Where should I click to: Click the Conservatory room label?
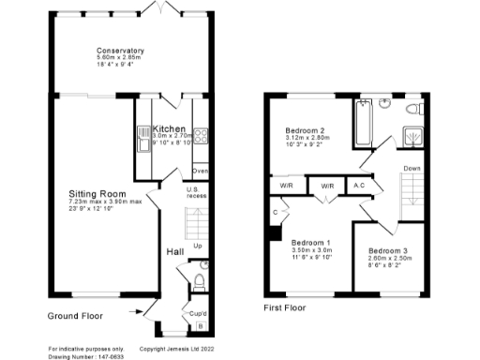coord(119,51)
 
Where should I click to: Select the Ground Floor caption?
coord(74,316)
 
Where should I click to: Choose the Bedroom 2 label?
coord(305,130)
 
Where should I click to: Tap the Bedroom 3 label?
coord(386,251)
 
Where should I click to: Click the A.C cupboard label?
coord(360,187)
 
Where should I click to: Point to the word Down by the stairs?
coord(412,169)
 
